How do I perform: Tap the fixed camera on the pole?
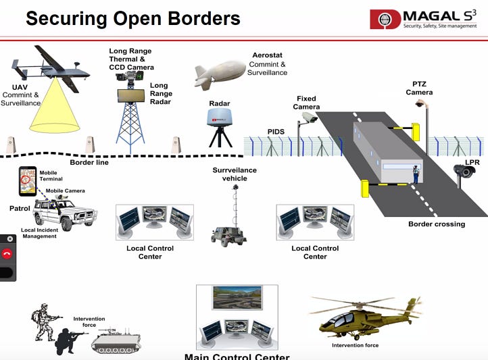[308, 118]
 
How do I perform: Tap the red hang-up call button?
[7, 254]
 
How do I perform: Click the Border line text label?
[89, 163]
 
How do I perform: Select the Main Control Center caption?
[237, 355]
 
